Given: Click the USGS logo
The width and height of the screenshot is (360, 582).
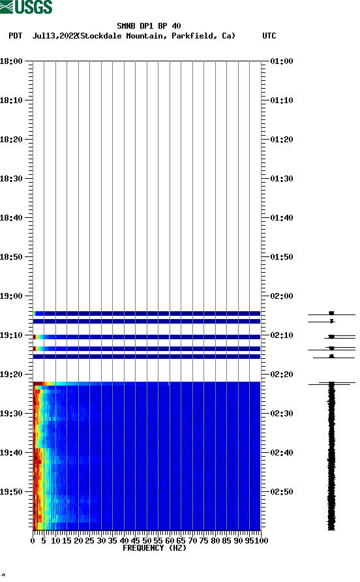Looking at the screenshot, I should pos(26,7).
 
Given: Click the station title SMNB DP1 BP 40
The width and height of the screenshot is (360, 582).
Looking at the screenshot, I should pos(149,26).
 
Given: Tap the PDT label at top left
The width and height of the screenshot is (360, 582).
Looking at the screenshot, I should pos(16,36).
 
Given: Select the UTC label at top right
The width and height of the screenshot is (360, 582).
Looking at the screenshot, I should pos(269,36).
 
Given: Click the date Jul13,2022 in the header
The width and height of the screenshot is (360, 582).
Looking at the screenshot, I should pos(55,36).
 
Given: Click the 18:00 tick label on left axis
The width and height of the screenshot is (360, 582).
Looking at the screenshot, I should pos(12,61).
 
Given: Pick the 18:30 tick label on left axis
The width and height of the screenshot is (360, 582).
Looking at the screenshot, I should pos(12,179).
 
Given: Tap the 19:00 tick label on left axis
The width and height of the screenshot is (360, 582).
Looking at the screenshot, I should pos(12,296).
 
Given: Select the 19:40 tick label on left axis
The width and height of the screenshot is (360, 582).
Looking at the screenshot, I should pos(12,453).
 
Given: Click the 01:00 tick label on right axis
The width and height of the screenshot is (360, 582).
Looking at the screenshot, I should pos(281,61).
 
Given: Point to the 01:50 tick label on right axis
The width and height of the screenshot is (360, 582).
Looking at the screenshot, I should pos(281,257).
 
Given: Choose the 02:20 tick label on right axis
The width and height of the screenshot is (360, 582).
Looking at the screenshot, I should pos(281,375).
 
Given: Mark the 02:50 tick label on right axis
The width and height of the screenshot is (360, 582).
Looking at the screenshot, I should pos(281,492).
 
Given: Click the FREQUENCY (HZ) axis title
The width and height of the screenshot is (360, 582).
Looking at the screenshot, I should pos(155,548).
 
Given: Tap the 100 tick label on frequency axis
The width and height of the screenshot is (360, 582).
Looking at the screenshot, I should pos(262,541).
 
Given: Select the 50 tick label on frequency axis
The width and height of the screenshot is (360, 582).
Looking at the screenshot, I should pos(147,541).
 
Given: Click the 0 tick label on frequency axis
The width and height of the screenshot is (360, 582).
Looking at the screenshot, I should pos(33,541).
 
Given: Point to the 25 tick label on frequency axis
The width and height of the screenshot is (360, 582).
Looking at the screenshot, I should pos(90,541).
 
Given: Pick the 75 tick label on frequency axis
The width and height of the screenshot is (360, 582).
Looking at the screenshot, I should pos(204,541).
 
